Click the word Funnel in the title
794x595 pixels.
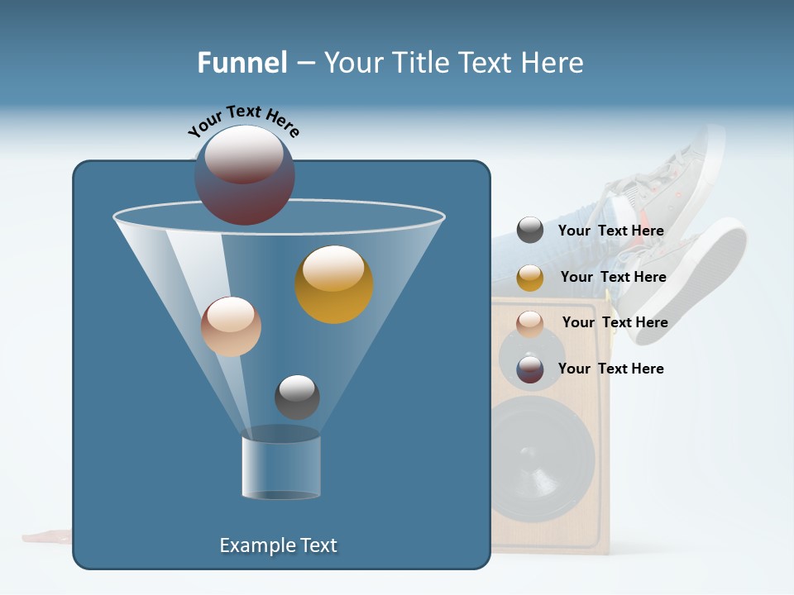click(x=242, y=63)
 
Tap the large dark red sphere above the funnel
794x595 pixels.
click(x=245, y=175)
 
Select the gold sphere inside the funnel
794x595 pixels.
click(x=334, y=284)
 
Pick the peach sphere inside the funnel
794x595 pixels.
click(x=231, y=326)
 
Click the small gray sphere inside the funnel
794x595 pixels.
click(x=297, y=397)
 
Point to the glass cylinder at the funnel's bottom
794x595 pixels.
click(x=281, y=467)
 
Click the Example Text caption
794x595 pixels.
click(x=279, y=545)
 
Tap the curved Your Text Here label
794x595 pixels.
click(x=244, y=121)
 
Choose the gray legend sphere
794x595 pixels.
click(x=530, y=231)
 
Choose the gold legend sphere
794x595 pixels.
click(x=530, y=278)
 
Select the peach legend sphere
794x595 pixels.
click(x=530, y=323)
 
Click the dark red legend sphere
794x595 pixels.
click(x=530, y=369)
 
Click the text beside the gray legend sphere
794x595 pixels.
click(x=611, y=231)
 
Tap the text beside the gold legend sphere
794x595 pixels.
click(x=613, y=278)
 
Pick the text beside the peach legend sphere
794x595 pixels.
click(x=615, y=322)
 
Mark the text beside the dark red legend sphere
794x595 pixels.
click(x=611, y=369)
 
